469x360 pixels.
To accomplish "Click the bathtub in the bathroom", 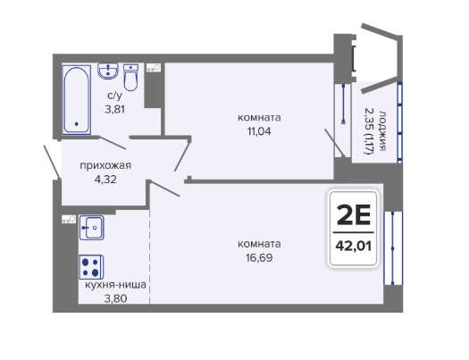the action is point(77,99).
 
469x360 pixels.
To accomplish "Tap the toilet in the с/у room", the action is point(130,77).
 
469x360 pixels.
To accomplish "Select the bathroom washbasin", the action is point(108,71).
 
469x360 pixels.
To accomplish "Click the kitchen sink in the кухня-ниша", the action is point(92,228).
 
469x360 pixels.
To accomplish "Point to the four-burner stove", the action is point(91,267).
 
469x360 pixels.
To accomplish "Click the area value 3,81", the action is point(115,110).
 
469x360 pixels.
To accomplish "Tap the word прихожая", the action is point(105,165).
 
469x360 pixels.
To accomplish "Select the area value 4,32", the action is point(105,180).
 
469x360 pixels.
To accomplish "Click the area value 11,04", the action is point(259,131).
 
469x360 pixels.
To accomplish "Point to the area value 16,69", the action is point(259,258).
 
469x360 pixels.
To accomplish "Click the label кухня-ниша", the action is point(116,285).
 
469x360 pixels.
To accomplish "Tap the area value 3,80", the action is point(115,298).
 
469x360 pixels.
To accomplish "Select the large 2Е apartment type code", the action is point(354,214).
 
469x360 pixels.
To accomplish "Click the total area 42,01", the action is point(354,246).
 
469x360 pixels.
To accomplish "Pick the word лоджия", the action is point(383,130).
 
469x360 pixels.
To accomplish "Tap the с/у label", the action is point(115,96).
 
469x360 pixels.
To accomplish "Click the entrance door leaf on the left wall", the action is point(53,162).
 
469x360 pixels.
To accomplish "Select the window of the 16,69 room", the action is point(393,248).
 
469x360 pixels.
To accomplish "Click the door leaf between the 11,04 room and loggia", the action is point(335,143).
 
